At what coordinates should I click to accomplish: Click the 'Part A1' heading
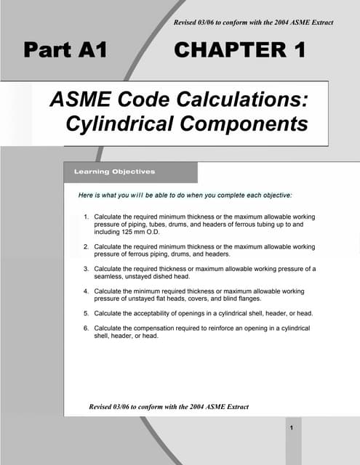click(x=66, y=51)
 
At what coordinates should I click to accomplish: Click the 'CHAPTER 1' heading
click(x=239, y=51)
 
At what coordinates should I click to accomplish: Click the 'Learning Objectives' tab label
click(x=115, y=172)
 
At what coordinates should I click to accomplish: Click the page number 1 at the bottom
click(x=291, y=428)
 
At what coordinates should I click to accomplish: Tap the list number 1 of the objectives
click(x=86, y=217)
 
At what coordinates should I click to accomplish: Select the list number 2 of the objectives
click(x=86, y=248)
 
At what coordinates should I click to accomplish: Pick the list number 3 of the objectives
click(x=86, y=269)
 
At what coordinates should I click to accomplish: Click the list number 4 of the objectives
click(x=86, y=291)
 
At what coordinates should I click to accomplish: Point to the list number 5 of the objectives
click(x=86, y=313)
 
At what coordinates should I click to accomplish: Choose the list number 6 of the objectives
click(x=86, y=328)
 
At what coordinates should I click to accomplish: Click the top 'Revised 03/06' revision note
click(x=254, y=23)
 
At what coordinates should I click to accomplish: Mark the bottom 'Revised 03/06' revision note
click(x=169, y=407)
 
